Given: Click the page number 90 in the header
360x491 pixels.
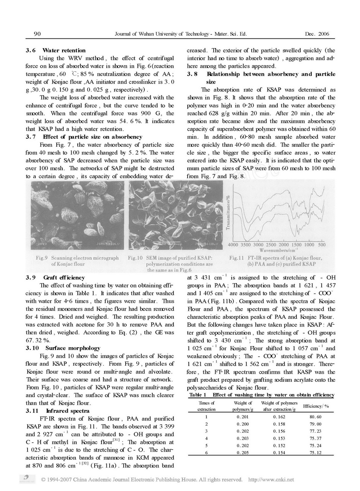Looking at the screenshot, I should [37, 34].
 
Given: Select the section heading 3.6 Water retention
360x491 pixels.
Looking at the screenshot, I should [56, 50].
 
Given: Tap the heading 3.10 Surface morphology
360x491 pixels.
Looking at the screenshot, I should [63, 348].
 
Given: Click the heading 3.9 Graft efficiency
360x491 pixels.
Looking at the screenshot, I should [56, 278].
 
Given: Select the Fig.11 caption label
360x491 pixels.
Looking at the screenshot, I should [237, 258].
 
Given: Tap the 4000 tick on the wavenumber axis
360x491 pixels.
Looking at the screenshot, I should [233, 245].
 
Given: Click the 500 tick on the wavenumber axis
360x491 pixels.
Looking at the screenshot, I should [322, 245].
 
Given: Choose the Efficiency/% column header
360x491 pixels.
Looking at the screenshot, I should [316, 406].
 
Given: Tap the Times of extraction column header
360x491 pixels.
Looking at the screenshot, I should [207, 406].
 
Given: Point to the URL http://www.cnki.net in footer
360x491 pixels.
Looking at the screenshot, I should [271, 480].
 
